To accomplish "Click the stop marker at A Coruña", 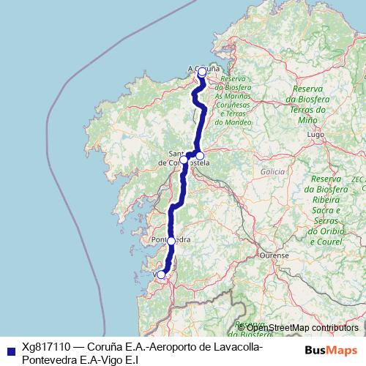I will point(202,72).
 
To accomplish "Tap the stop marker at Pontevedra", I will point(171,240).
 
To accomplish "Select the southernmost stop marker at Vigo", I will point(161,274).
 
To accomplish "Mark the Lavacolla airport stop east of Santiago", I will point(200,155).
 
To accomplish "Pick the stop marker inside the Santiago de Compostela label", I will point(184,159).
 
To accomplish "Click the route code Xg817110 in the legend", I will point(47,348).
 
